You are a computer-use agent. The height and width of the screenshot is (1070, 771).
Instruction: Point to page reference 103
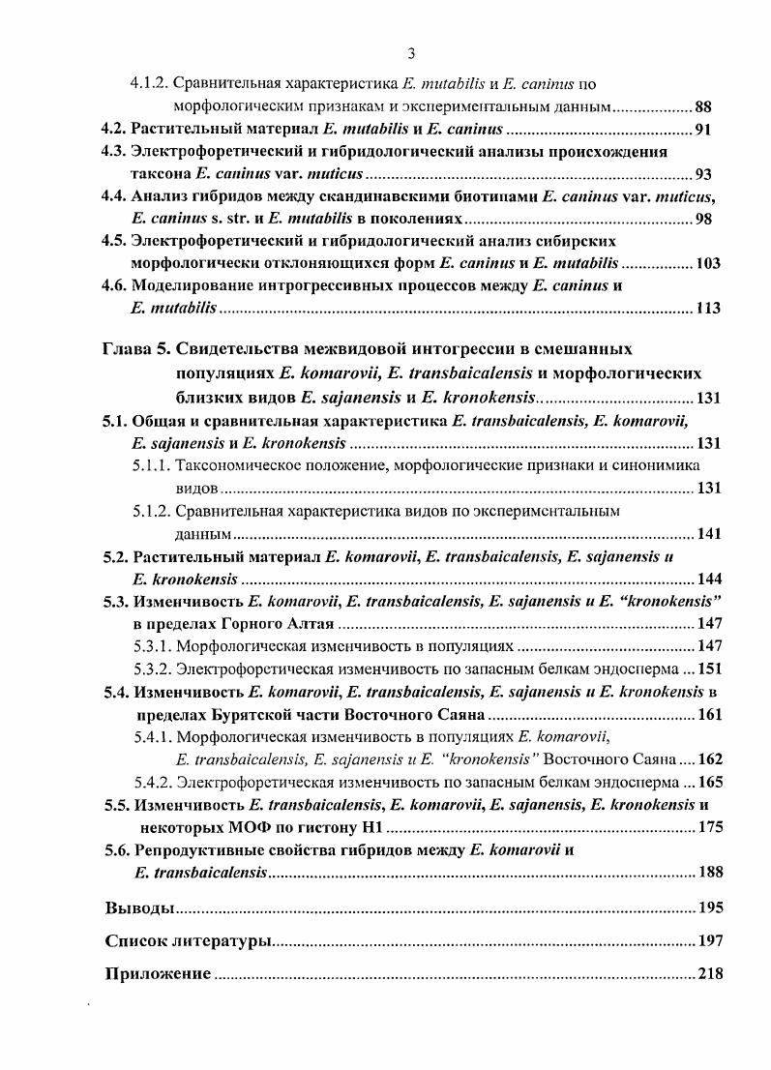coord(708,263)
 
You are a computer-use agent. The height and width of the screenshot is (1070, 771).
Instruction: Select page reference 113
coord(708,309)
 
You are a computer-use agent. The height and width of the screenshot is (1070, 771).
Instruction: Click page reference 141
coord(709,533)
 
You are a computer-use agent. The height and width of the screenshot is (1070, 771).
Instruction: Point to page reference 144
coord(709,580)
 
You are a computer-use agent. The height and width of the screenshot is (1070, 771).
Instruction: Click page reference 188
coord(709,873)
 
